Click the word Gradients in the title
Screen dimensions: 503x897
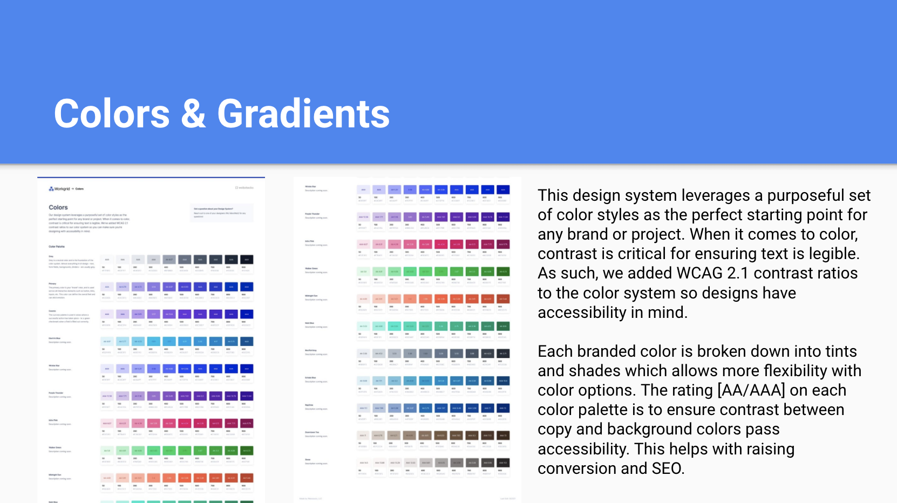tap(303, 114)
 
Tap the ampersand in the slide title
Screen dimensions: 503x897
tap(193, 114)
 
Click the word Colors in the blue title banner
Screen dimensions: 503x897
tap(112, 114)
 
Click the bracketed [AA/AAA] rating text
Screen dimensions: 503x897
tap(751, 390)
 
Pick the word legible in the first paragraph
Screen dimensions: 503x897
tap(831, 254)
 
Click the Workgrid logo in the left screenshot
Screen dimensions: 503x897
tap(59, 189)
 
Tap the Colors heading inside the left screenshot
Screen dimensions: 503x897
tap(58, 207)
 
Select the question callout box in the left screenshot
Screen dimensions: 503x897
tap(222, 213)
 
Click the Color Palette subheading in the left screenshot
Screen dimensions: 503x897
tap(57, 247)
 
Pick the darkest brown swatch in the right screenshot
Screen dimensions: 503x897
tap(503, 436)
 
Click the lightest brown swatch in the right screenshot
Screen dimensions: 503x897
tap(363, 436)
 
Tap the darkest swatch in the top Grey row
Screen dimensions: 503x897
tap(247, 260)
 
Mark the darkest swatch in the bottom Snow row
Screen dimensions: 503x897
tap(503, 463)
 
